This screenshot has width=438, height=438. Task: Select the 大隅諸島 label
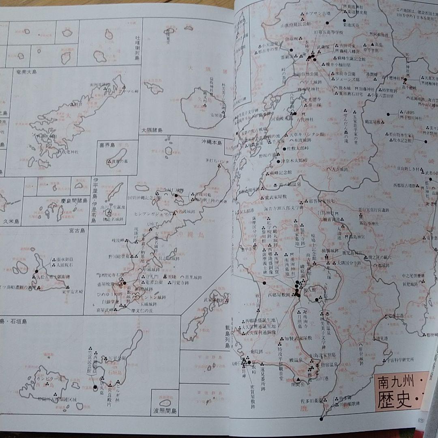click(x=152, y=130)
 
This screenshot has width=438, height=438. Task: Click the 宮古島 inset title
click(x=77, y=231)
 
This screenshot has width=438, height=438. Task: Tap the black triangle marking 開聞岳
click(x=298, y=380)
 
